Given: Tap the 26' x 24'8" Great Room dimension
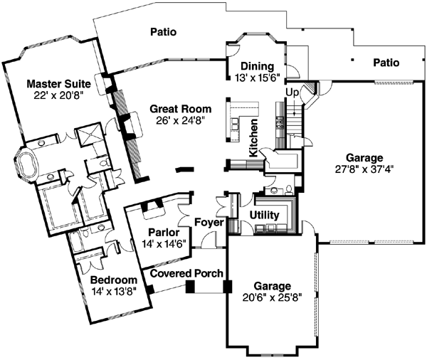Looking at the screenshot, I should [180, 121].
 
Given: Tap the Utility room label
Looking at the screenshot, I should [264, 215].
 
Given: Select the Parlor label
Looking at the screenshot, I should [163, 232].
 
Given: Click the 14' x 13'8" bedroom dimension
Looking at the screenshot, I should [113, 291].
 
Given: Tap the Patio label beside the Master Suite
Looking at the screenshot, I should [164, 31].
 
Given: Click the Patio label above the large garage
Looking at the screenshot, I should [386, 63].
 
